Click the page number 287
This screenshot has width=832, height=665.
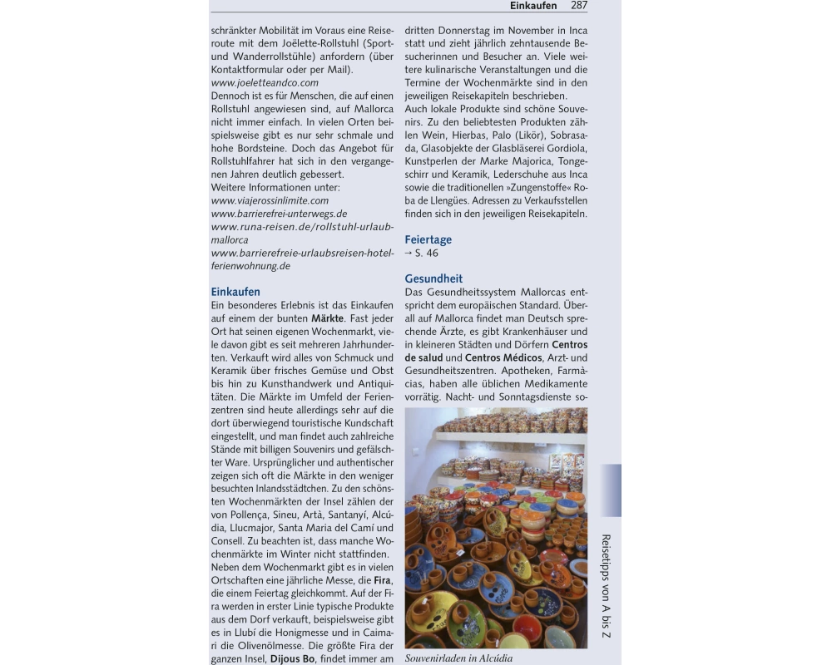click(579, 6)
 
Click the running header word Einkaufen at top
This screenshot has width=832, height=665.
click(533, 6)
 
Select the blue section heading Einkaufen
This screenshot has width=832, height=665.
click(235, 292)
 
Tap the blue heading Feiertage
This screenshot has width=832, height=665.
click(428, 239)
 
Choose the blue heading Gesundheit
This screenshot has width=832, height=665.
click(433, 278)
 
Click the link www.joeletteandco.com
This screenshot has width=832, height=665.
click(265, 82)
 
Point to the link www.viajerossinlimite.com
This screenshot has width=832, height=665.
click(270, 200)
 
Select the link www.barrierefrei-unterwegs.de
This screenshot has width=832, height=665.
click(279, 213)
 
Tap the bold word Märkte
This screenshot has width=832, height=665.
click(328, 318)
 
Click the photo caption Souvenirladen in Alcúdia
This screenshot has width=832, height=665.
click(458, 658)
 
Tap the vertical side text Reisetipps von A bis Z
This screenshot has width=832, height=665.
click(606, 586)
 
